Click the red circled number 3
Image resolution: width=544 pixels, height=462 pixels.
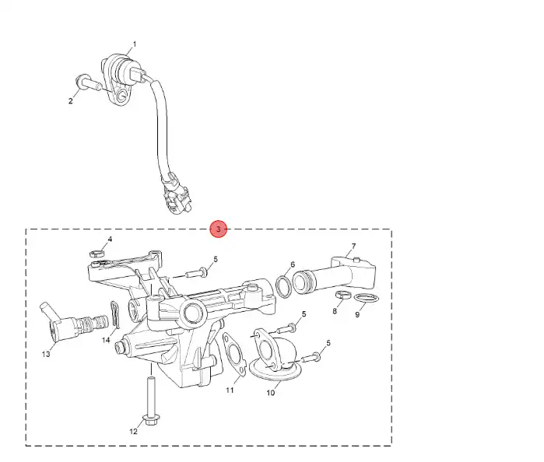click(219, 229)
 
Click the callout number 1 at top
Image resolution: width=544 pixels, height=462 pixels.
click(133, 44)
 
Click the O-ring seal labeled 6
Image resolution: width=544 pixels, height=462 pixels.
click(285, 287)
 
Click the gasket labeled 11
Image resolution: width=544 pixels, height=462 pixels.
click(271, 393)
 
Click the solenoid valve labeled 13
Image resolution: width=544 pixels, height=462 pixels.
click(149, 400)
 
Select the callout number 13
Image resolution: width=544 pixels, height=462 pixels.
click(133, 431)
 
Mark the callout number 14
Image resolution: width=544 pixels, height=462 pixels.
click(106, 339)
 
